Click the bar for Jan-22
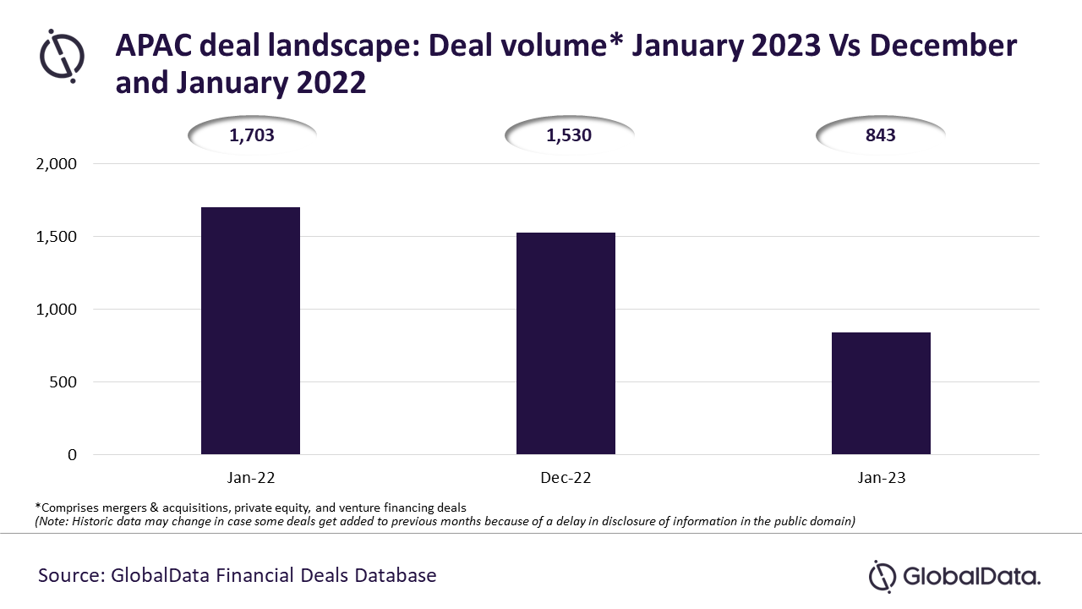click(x=250, y=331)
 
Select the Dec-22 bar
click(x=566, y=343)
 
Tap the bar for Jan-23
click(x=881, y=393)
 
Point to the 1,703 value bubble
click(x=252, y=134)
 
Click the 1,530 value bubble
click(x=569, y=134)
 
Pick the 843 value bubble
click(x=880, y=134)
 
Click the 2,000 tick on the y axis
click(x=56, y=164)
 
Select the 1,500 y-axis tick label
click(x=56, y=236)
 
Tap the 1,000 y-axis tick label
click(x=56, y=310)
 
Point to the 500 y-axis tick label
click(x=63, y=381)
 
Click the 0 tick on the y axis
click(x=72, y=454)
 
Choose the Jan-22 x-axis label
click(x=251, y=478)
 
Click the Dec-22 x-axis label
click(x=566, y=478)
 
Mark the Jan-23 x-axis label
click(x=881, y=478)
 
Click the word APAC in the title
click(x=153, y=46)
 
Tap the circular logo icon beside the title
click(x=62, y=56)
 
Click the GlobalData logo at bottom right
click(x=954, y=576)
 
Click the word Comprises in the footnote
click(x=69, y=508)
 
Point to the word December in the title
click(x=943, y=46)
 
